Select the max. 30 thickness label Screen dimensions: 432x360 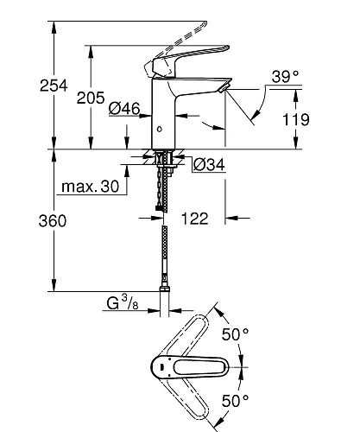pos(91,187)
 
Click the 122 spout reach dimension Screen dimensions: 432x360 pos(196,221)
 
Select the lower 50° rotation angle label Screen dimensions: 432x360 pos(236,403)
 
